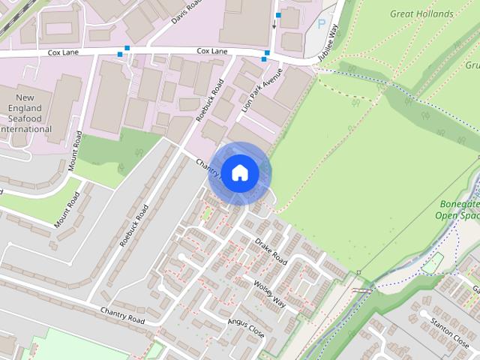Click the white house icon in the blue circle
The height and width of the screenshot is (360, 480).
point(239,173)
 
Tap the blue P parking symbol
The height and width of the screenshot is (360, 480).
point(322,24)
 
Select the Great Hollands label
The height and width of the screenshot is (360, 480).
point(421,13)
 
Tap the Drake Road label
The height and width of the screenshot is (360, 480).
point(271,251)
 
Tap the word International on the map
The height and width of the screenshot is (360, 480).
point(26,129)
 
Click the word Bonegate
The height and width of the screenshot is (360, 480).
point(458,204)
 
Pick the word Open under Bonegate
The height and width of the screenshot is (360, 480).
point(447,215)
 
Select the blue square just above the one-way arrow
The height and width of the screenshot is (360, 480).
point(278,15)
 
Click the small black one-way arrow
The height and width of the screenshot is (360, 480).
point(274,25)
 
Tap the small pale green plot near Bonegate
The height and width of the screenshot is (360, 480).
point(432,262)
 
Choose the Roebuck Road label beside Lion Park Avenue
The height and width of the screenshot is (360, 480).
point(209,100)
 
